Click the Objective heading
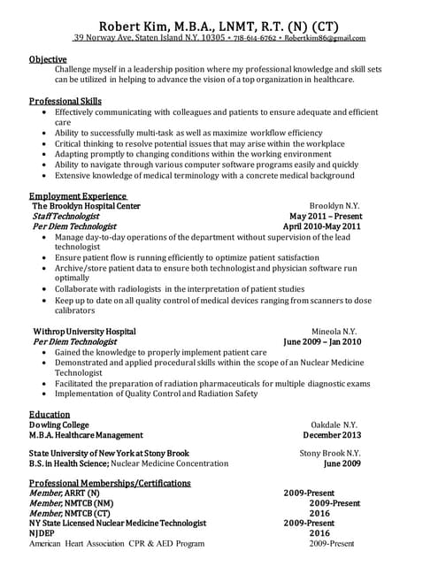click(x=48, y=58)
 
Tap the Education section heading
click(x=50, y=413)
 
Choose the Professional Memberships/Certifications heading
click(x=110, y=483)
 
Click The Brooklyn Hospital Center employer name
click(x=86, y=205)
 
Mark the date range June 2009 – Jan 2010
click(x=322, y=340)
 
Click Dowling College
click(x=58, y=424)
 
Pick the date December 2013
click(x=332, y=435)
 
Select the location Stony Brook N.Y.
click(x=330, y=453)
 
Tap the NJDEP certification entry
click(x=43, y=533)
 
